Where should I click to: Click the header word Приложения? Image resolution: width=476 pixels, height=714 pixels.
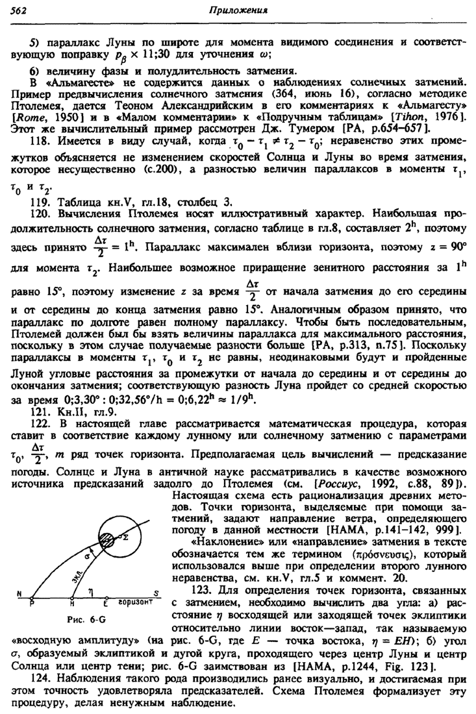(241, 10)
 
